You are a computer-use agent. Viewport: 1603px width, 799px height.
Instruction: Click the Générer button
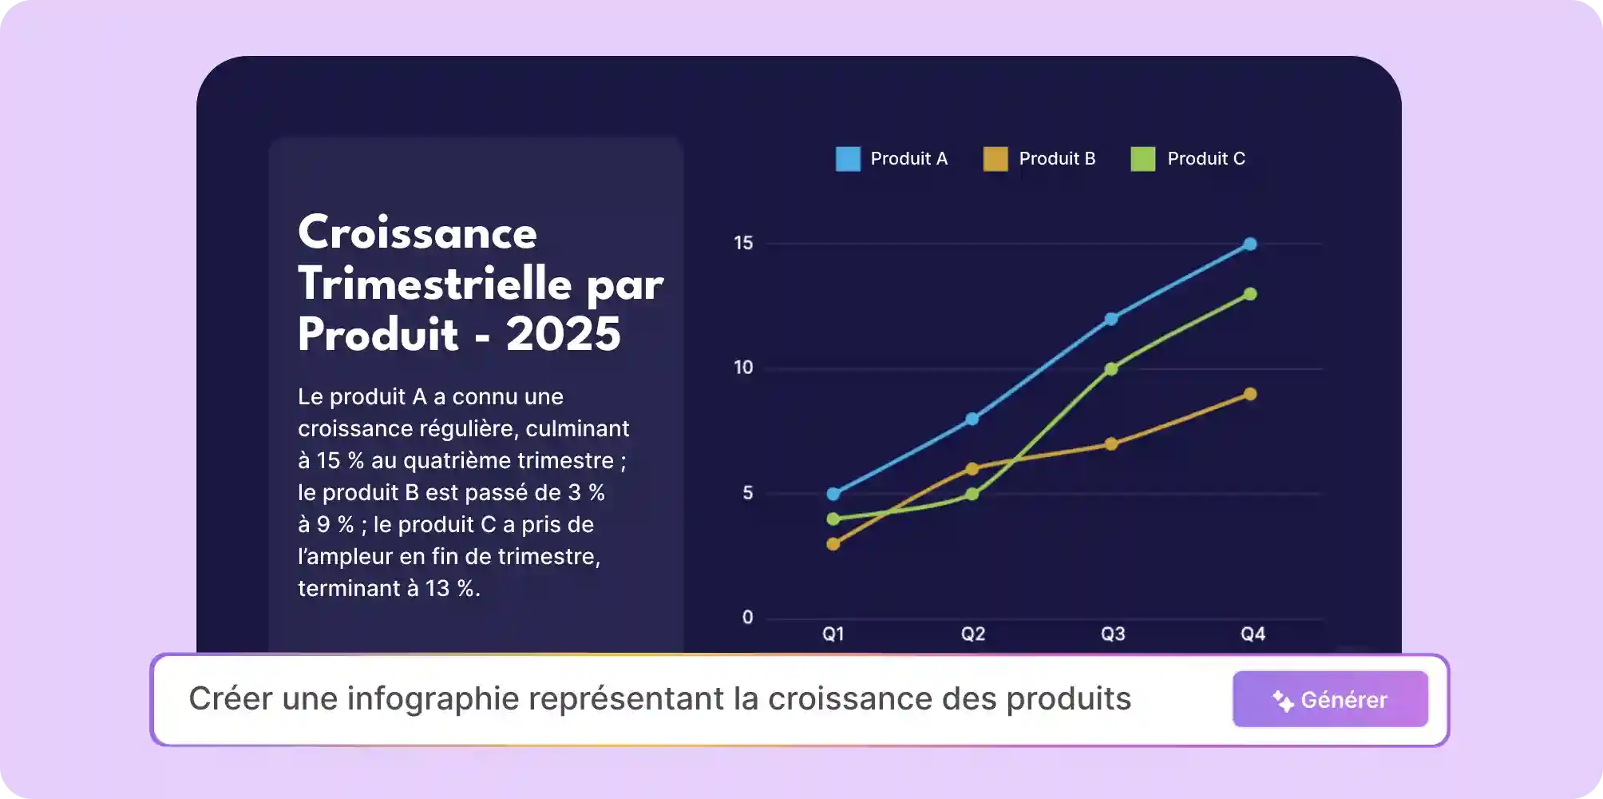click(1330, 699)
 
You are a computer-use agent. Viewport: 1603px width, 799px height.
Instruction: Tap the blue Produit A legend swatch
click(848, 159)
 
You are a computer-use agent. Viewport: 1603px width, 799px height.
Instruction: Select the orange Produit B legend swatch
click(995, 159)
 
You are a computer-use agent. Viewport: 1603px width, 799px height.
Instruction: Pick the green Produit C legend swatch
click(1143, 159)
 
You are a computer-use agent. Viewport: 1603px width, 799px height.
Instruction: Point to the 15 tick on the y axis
click(743, 243)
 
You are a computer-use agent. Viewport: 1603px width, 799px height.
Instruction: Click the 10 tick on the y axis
click(743, 368)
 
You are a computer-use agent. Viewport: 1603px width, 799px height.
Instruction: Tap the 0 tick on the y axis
click(747, 618)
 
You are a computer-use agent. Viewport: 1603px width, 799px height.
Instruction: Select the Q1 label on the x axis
click(833, 634)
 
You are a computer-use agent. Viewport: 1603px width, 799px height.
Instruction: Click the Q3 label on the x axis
click(1113, 634)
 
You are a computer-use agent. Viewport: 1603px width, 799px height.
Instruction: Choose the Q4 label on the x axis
click(1253, 634)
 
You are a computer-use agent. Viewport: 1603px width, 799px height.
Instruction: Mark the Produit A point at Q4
click(1250, 244)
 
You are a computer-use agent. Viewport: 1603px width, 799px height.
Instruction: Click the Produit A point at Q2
click(972, 419)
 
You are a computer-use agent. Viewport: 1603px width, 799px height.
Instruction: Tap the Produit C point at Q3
click(1111, 369)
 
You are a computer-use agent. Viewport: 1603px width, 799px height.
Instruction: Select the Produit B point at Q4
click(1250, 394)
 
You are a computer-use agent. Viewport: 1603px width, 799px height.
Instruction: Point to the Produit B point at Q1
click(833, 544)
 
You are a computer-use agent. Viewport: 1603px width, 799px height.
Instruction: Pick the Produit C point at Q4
click(1250, 294)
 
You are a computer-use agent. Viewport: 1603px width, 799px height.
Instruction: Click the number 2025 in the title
click(563, 334)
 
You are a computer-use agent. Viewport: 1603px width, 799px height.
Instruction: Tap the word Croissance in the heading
click(418, 233)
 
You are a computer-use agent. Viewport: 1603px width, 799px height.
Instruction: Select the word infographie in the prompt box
click(433, 699)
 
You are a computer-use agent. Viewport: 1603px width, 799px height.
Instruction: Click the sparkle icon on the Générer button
click(1283, 701)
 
